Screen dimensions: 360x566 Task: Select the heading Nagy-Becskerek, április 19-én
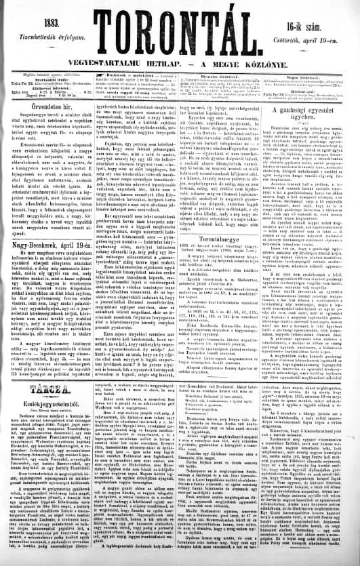[52, 232]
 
